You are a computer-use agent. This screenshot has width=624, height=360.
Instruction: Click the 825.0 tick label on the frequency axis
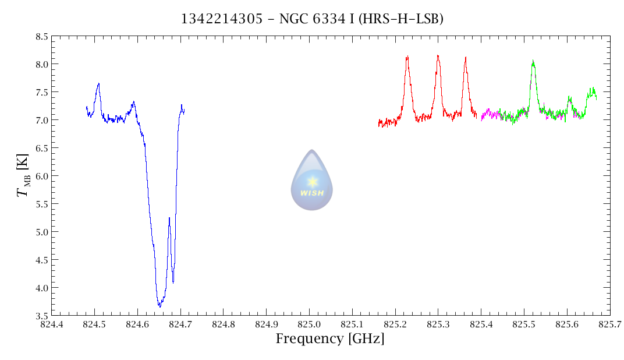pos(309,324)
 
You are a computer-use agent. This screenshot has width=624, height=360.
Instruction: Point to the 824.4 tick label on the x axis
pos(51,324)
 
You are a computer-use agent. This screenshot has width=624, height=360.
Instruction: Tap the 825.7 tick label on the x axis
pos(609,324)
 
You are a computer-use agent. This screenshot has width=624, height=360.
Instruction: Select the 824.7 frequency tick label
pos(180,324)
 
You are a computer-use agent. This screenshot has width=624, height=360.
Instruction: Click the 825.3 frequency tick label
pos(438,324)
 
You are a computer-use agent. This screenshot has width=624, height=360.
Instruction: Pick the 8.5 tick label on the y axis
pos(41,36)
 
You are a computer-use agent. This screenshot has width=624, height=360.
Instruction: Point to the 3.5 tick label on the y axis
pos(41,316)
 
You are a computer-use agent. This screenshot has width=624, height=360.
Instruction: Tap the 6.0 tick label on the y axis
pos(41,176)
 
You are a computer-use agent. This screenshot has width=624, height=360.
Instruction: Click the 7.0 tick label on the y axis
pos(41,120)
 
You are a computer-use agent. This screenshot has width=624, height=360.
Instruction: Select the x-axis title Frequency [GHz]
pos(330,339)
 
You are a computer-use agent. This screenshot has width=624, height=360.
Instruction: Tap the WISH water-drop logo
pos(312,181)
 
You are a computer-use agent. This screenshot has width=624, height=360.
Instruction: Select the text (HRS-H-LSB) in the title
pos(401,19)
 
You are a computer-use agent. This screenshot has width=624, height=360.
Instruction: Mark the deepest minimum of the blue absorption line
pos(159,306)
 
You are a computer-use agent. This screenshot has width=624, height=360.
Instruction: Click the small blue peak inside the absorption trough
pos(169,218)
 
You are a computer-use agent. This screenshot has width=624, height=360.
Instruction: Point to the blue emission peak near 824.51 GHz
pos(98,84)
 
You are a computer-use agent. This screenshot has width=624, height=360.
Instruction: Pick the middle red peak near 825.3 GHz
pos(438,56)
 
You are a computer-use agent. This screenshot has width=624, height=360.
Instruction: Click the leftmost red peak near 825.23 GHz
pos(407,57)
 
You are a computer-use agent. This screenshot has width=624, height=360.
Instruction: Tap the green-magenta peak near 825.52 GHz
pos(533,61)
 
